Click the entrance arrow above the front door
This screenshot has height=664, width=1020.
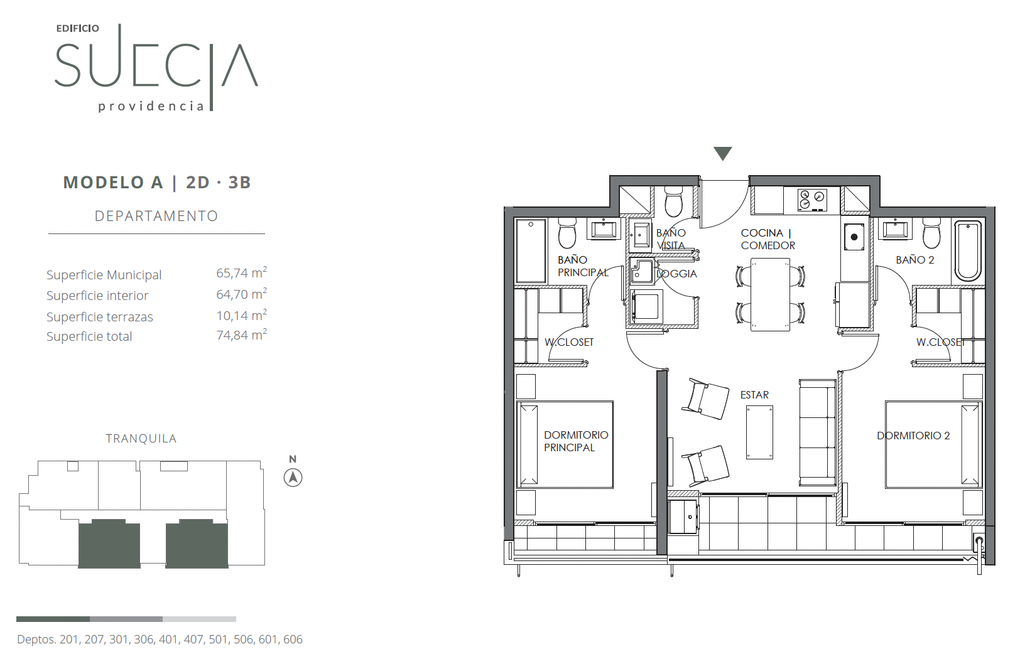[723, 153]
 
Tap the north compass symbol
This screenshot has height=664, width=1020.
[293, 478]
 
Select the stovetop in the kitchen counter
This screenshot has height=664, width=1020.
[812, 200]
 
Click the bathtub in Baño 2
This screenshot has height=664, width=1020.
[968, 251]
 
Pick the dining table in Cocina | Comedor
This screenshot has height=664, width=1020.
[770, 295]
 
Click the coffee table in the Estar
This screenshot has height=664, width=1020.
[759, 432]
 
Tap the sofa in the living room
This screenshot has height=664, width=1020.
[818, 432]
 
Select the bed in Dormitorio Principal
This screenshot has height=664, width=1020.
[565, 444]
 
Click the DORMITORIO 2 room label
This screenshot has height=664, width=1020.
[913, 436]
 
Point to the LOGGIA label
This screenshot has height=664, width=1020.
[676, 274]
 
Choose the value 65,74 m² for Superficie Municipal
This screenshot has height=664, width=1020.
[241, 272]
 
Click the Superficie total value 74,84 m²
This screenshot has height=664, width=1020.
[241, 335]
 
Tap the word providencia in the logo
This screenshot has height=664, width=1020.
[151, 107]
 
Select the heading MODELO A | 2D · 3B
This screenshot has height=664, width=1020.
[156, 182]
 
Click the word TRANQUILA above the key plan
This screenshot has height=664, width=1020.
[141, 438]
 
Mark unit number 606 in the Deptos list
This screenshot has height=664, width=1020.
[293, 640]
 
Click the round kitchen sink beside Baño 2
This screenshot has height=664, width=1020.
[854, 237]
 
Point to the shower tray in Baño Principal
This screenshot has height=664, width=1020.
[531, 251]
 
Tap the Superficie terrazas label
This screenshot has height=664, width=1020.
[100, 317]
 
